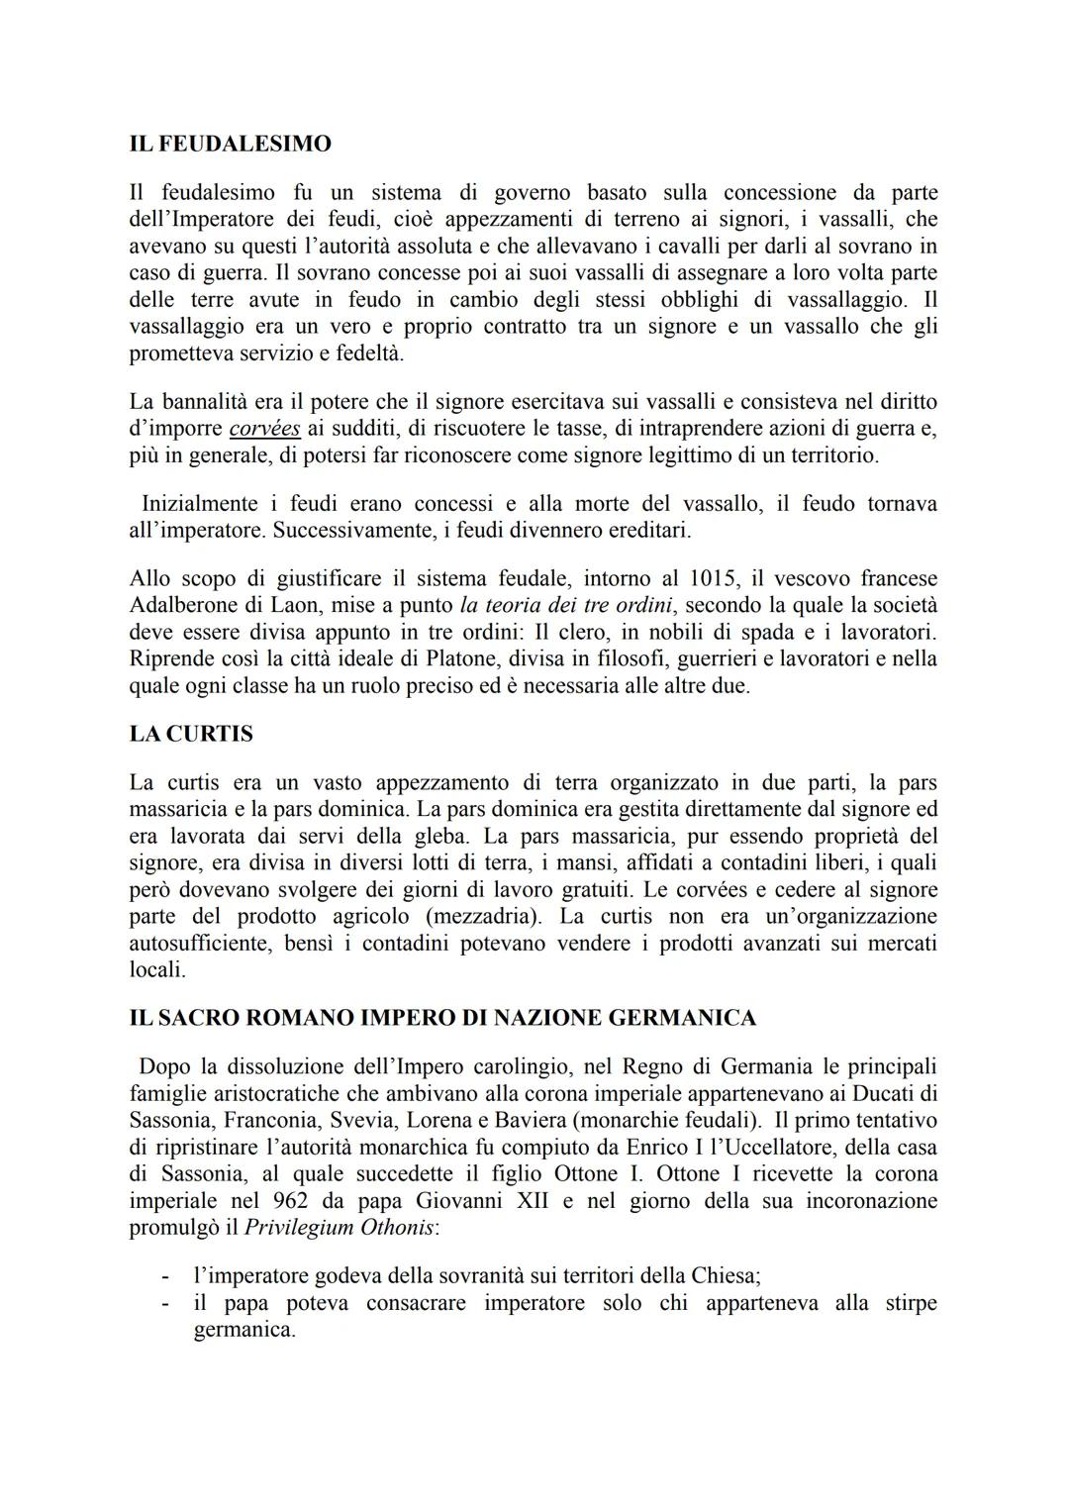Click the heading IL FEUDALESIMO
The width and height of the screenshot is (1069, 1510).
(x=230, y=145)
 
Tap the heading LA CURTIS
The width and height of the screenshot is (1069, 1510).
(x=191, y=735)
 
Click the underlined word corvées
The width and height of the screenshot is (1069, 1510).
(x=264, y=430)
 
